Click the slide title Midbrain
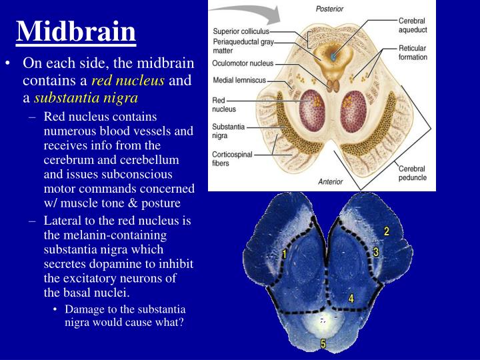click(x=75, y=31)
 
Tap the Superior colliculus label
click(x=241, y=31)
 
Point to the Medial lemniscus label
click(x=239, y=80)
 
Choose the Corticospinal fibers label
click(x=233, y=157)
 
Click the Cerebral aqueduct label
click(x=412, y=26)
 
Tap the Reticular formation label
click(x=413, y=53)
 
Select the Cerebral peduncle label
click(x=413, y=173)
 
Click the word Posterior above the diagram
click(x=329, y=9)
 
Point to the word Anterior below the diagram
click(x=331, y=181)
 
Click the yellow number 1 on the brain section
click(x=284, y=254)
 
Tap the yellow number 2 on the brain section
click(x=386, y=231)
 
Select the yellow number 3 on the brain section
click(x=376, y=252)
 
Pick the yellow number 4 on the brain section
click(x=351, y=299)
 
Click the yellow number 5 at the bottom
click(x=323, y=344)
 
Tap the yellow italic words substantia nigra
click(x=86, y=99)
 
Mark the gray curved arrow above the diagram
click(x=240, y=10)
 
